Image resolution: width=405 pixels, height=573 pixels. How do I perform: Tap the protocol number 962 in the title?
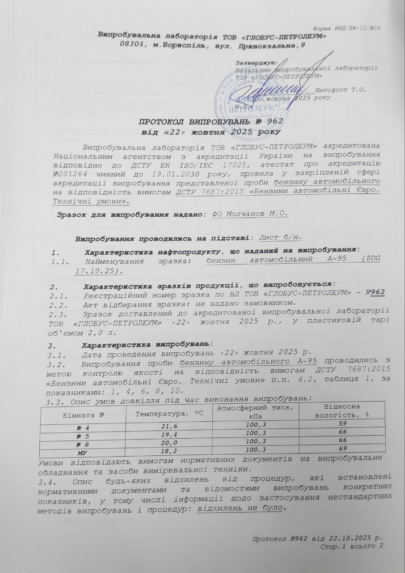274,122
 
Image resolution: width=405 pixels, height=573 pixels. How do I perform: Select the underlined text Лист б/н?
280,237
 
